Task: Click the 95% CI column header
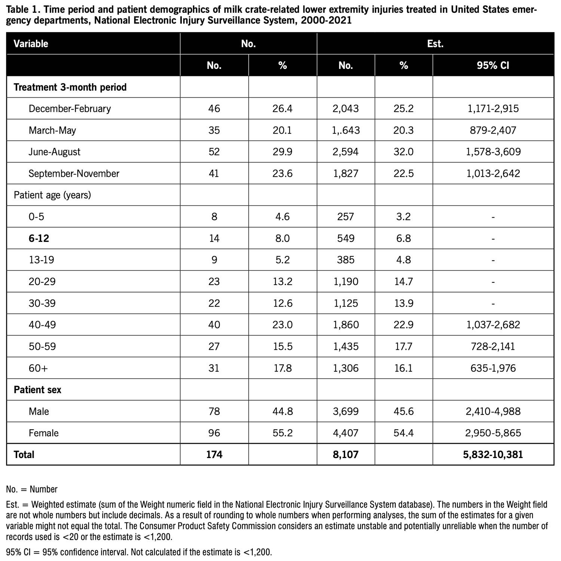point(493,66)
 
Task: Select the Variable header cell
point(31,43)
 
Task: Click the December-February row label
point(70,109)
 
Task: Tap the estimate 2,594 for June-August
point(346,152)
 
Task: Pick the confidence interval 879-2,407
point(493,130)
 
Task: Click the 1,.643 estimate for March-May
point(346,130)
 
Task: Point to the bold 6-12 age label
point(39,238)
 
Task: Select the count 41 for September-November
point(214,173)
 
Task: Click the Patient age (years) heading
point(52,195)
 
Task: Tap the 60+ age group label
point(38,368)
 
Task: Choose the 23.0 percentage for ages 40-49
point(282,324)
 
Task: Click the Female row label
point(44,433)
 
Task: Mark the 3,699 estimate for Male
point(346,411)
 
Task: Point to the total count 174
point(214,455)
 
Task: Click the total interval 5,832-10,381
point(493,455)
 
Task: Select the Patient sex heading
point(37,390)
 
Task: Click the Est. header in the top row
point(435,43)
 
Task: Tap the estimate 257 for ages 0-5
point(346,216)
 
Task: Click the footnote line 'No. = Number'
point(32,489)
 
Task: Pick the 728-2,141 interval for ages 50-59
point(493,346)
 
